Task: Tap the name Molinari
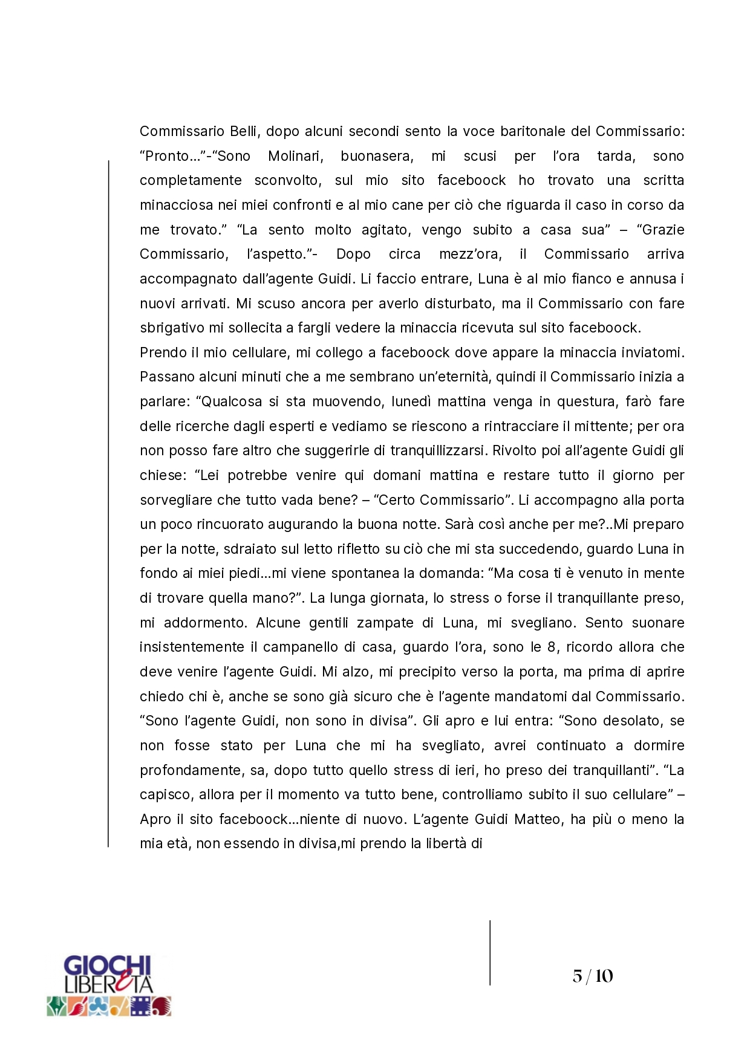tap(295, 156)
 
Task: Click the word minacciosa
tap(176, 205)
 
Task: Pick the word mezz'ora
tap(471, 254)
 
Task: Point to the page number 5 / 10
tap(593, 976)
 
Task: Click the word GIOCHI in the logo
tap(107, 965)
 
